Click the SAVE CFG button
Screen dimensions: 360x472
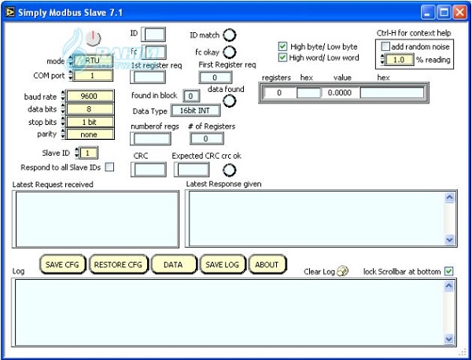[63, 265]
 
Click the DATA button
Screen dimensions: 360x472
[172, 265]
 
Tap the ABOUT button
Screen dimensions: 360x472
[267, 265]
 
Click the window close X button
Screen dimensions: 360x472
[461, 12]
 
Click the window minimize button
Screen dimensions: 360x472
[428, 12]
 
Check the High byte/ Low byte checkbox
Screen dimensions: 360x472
[282, 46]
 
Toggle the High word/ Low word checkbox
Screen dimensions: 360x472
[282, 57]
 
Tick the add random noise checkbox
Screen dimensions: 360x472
[385, 46]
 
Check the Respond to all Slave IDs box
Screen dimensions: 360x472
[109, 167]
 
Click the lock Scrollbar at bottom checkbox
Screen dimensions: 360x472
[449, 272]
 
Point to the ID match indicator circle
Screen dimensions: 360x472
[230, 35]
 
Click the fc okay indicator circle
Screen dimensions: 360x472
[230, 52]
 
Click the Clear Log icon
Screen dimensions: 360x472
[342, 272]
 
